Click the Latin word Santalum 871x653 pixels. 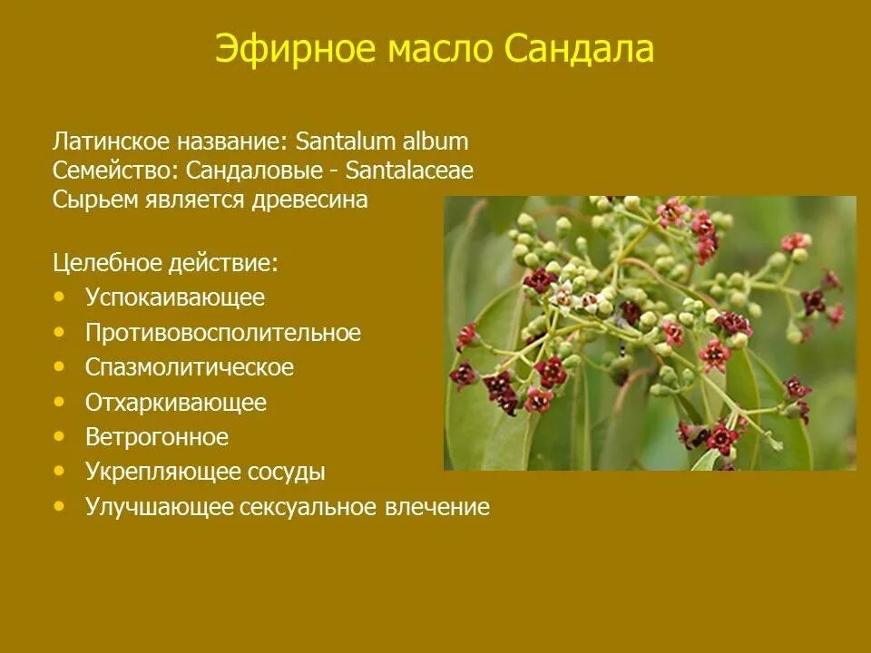click(342, 141)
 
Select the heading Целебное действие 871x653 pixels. click(165, 263)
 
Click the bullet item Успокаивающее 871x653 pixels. click(175, 297)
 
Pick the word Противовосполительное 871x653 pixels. click(223, 333)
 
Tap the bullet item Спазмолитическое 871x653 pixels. click(190, 367)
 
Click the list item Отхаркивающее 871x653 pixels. click(176, 402)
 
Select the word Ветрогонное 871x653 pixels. click(157, 437)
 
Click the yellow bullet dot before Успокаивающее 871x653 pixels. click(60, 296)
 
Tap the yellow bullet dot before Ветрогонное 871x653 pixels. click(60, 436)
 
